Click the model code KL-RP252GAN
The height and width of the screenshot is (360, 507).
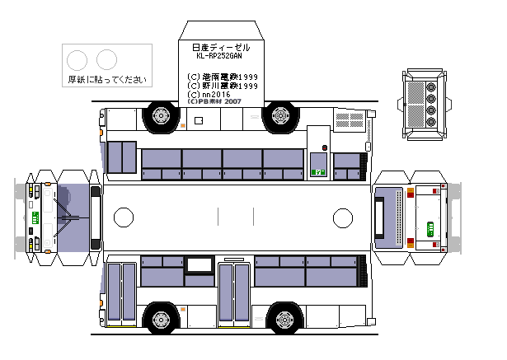[x=219, y=57]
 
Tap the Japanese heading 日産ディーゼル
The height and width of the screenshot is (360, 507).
[x=219, y=48]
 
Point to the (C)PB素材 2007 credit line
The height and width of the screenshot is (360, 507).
[x=214, y=102]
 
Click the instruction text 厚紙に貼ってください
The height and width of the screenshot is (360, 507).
[x=107, y=80]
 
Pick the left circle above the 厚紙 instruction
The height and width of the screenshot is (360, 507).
[x=77, y=59]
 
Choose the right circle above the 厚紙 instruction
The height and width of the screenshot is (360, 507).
[x=106, y=59]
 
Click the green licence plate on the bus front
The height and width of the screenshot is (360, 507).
[x=35, y=217]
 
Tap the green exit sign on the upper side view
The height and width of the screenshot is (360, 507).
[x=317, y=173]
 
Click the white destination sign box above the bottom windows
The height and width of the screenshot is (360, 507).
[x=199, y=264]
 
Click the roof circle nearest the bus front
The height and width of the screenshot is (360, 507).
[x=123, y=217]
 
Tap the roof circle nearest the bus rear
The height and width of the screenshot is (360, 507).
[x=342, y=217]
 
